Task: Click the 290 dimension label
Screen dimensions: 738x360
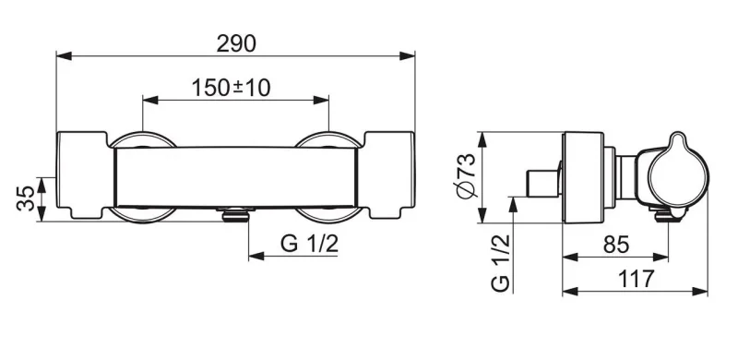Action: pyautogui.click(x=236, y=43)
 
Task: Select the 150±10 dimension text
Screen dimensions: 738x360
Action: pyautogui.click(x=232, y=88)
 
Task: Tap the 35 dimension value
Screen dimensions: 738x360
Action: pyautogui.click(x=26, y=198)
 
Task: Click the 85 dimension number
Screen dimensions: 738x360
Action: pyautogui.click(x=616, y=245)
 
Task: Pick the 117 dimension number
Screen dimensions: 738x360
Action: pyautogui.click(x=636, y=279)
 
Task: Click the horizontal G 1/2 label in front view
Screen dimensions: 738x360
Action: pyautogui.click(x=309, y=244)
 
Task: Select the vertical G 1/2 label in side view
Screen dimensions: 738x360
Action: pyautogui.click(x=500, y=263)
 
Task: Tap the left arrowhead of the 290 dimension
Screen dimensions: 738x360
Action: pyautogui.click(x=64, y=56)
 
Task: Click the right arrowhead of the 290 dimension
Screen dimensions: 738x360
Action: pyautogui.click(x=407, y=56)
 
